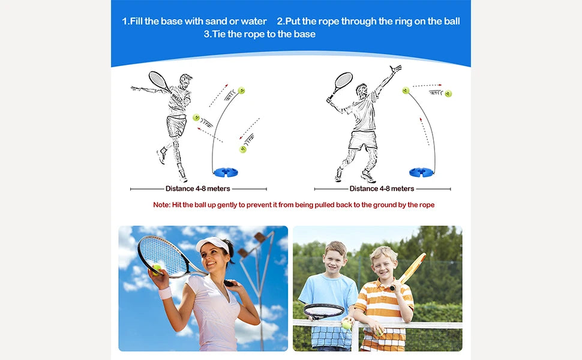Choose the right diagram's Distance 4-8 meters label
pos(380,188)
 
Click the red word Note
pos(162,205)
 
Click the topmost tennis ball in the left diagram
pos(241,91)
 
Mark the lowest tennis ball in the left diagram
pos(242,149)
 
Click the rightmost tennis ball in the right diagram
pos(448,94)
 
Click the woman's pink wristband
pos(164,292)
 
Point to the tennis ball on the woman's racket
pos(157,268)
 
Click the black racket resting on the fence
pos(323,311)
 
